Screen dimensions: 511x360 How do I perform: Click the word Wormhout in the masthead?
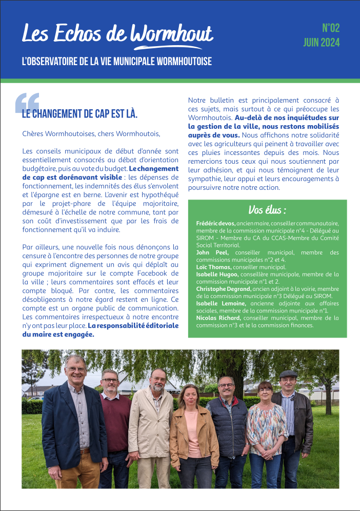[x=172, y=34]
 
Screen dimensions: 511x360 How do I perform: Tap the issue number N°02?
[x=330, y=28]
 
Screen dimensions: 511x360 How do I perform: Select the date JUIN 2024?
[x=321, y=43]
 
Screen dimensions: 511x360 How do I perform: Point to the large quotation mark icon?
[x=27, y=103]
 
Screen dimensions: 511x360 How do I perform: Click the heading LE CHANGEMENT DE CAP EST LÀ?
[x=79, y=114]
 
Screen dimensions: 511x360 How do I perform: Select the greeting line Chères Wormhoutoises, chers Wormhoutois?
[x=91, y=134]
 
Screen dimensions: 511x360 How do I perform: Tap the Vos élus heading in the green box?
[x=267, y=210]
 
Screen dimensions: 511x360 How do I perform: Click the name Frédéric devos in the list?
[x=216, y=224]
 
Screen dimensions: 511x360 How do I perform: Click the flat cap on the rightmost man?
[x=288, y=374]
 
